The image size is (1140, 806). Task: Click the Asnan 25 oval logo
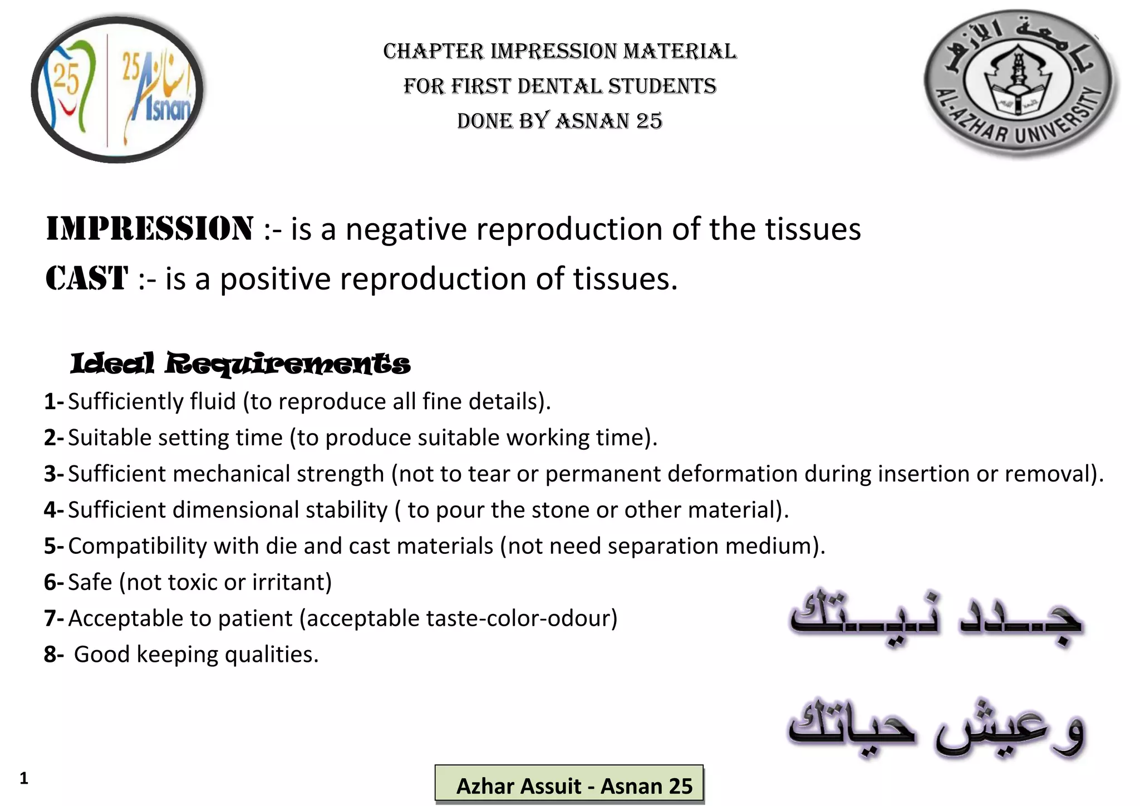(x=117, y=89)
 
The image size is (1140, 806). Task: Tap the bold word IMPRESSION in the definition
(x=149, y=229)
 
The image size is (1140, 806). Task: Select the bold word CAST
(x=87, y=278)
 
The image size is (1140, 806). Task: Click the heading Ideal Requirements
(x=240, y=363)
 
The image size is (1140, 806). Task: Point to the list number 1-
(x=54, y=402)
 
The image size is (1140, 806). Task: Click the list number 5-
(x=54, y=546)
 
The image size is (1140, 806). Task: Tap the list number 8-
(x=54, y=655)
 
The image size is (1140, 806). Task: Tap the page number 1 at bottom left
(x=23, y=778)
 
